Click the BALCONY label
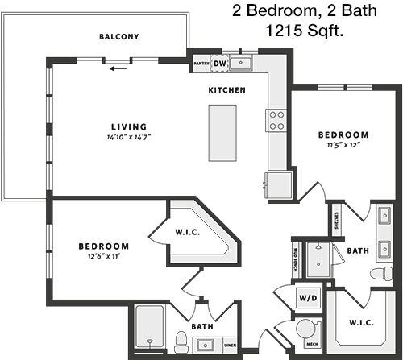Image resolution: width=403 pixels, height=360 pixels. click(119, 36)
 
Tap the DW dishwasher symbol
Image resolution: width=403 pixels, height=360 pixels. click(220, 64)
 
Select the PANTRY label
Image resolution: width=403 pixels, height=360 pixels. click(201, 64)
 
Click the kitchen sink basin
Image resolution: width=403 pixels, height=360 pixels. click(241, 63)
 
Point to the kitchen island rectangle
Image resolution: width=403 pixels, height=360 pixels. click(222, 133)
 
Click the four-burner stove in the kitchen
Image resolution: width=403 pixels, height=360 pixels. click(276, 120)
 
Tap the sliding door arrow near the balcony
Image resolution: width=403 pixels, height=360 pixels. click(118, 68)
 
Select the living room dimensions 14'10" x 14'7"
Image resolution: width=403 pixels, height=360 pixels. click(129, 137)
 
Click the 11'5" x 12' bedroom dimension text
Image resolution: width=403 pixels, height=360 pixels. click(343, 145)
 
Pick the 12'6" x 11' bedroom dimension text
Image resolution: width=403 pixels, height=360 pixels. click(104, 256)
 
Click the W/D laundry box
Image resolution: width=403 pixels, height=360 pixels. click(308, 298)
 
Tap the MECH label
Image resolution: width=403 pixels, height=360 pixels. click(312, 344)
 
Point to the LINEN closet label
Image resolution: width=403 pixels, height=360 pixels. click(231, 345)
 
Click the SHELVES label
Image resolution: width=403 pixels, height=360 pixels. click(336, 221)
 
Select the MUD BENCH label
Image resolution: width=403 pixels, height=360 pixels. click(296, 259)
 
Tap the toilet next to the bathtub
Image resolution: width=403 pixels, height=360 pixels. click(181, 342)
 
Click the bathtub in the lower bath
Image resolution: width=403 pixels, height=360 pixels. click(150, 327)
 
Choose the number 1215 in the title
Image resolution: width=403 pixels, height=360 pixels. click(284, 30)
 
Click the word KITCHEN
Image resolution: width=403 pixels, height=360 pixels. click(227, 90)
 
